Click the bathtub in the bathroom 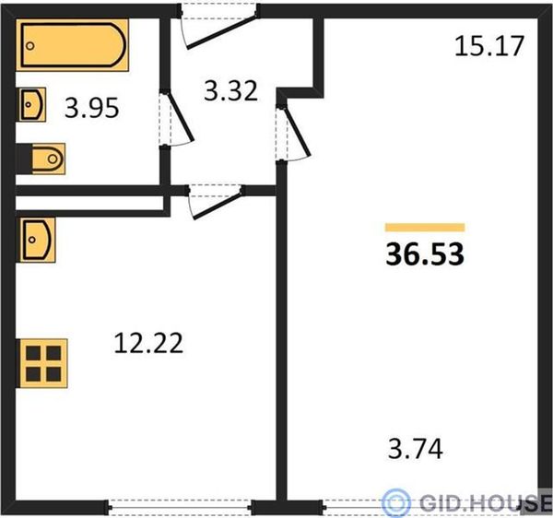[x=72, y=45]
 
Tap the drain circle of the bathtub [x=30, y=46]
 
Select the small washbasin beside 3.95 [x=32, y=105]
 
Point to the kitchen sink [x=38, y=241]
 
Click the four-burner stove [x=43, y=363]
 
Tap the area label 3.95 [x=91, y=108]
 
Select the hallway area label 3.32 [x=230, y=91]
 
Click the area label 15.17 [x=489, y=46]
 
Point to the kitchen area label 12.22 [x=148, y=343]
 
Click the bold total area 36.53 [x=425, y=254]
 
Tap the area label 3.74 [x=415, y=449]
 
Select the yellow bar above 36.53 [x=425, y=228]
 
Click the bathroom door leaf [x=181, y=117]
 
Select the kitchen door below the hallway [x=216, y=204]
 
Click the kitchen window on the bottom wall [x=180, y=508]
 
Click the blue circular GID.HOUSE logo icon [x=396, y=501]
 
